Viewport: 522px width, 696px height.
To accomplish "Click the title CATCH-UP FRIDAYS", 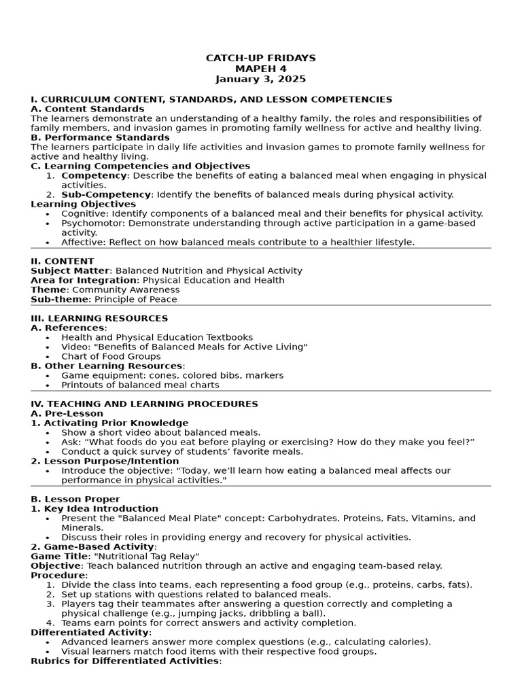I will tap(260, 58).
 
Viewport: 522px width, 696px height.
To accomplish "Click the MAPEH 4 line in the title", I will tap(260, 69).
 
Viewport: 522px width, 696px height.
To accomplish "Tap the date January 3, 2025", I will tap(260, 79).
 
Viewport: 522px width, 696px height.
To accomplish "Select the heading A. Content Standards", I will tap(88, 109).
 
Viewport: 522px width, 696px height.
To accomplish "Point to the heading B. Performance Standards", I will tap(100, 137).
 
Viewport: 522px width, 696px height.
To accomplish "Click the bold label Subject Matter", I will tap(70, 271).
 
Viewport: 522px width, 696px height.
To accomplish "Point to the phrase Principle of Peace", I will tap(135, 299).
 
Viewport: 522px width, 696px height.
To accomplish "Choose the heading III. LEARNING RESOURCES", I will tap(99, 318).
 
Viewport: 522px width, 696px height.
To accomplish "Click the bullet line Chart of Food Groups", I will tap(111, 356).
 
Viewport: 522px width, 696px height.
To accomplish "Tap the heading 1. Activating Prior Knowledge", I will tap(109, 423).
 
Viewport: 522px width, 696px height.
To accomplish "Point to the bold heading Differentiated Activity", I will tap(90, 632).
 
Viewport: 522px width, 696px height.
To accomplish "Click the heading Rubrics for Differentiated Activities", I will tap(126, 661).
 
